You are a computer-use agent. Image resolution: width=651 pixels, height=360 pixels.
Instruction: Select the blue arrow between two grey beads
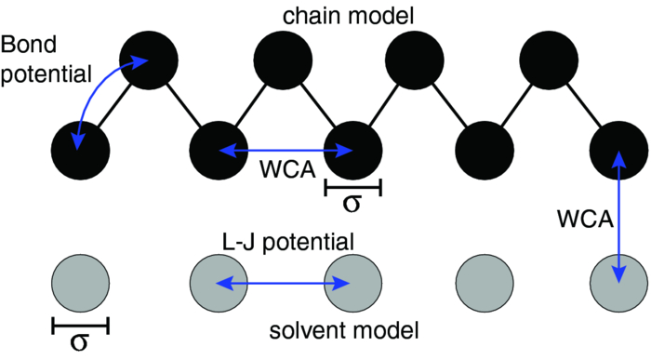pyautogui.click(x=285, y=283)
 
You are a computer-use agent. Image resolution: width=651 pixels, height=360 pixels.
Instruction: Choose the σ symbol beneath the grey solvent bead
pyautogui.click(x=80, y=343)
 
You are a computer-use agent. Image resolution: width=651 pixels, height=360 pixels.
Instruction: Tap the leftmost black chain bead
pyautogui.click(x=80, y=150)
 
